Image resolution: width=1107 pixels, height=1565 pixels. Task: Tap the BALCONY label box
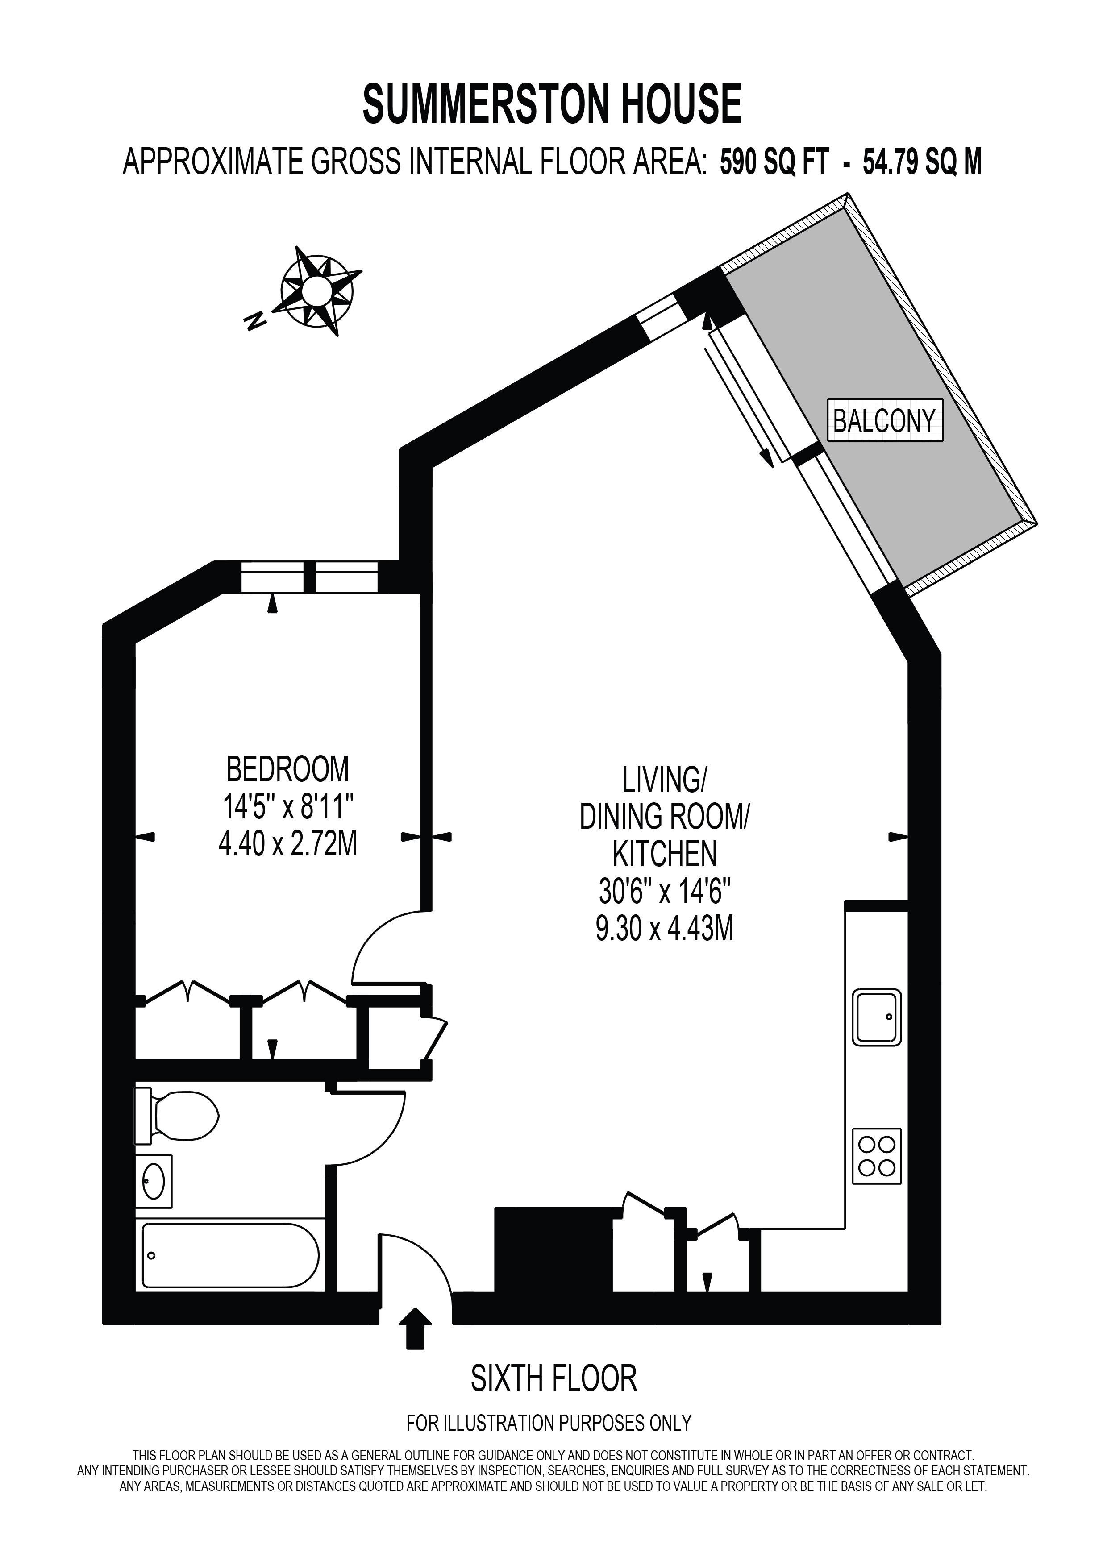pos(885,420)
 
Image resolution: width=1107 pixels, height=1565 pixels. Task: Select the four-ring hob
pos(877,1156)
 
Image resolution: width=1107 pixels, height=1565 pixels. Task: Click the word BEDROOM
pos(287,769)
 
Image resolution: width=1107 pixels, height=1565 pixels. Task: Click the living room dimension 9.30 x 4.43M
pos(665,928)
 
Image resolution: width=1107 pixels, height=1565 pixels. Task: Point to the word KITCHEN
pos(665,853)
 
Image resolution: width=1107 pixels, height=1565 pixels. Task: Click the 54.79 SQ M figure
pos(922,162)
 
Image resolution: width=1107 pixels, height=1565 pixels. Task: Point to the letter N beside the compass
pos(256,320)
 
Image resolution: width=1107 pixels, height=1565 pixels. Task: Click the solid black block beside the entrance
pos(553,1250)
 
